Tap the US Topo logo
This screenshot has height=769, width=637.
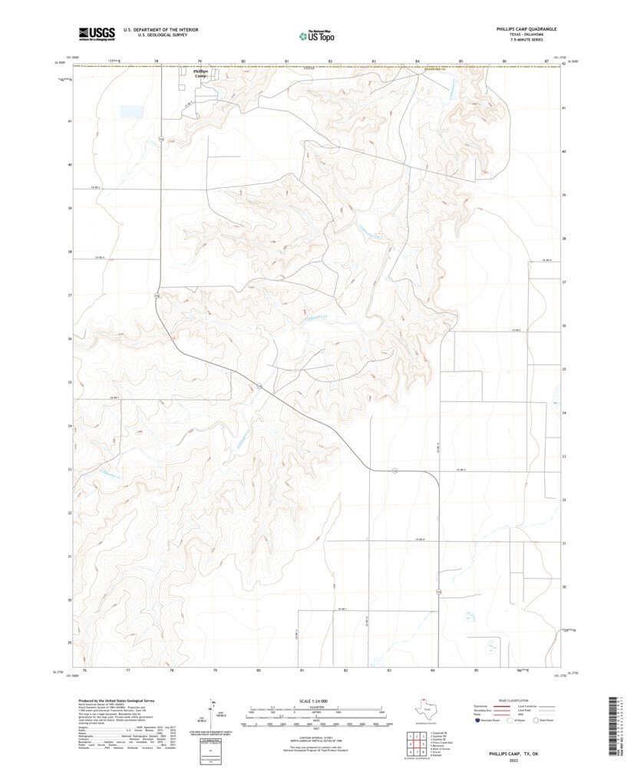pyautogui.click(x=316, y=35)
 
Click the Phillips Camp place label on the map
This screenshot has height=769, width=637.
pyautogui.click(x=200, y=74)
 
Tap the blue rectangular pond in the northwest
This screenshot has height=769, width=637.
pyautogui.click(x=131, y=111)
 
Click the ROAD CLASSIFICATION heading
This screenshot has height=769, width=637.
pyautogui.click(x=512, y=701)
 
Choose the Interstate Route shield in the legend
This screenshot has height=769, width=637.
pyautogui.click(x=480, y=721)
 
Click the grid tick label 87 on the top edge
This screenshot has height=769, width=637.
pyautogui.click(x=546, y=61)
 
